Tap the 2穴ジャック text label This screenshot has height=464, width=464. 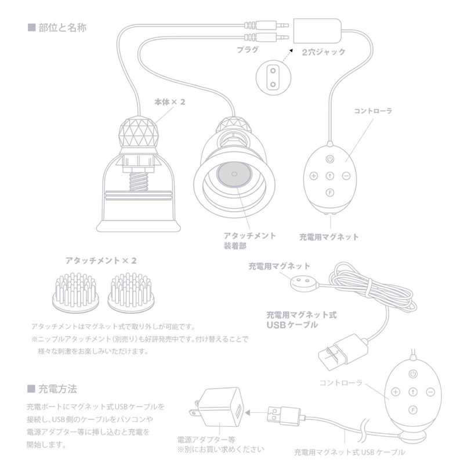pyautogui.click(x=324, y=52)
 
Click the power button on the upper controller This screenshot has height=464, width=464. pyautogui.click(x=329, y=158)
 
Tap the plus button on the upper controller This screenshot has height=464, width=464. pyautogui.click(x=313, y=176)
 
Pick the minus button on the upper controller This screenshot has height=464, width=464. pyautogui.click(x=346, y=176)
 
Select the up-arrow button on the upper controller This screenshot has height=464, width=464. pyautogui.click(x=329, y=176)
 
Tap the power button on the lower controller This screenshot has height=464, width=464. pyautogui.click(x=412, y=374)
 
